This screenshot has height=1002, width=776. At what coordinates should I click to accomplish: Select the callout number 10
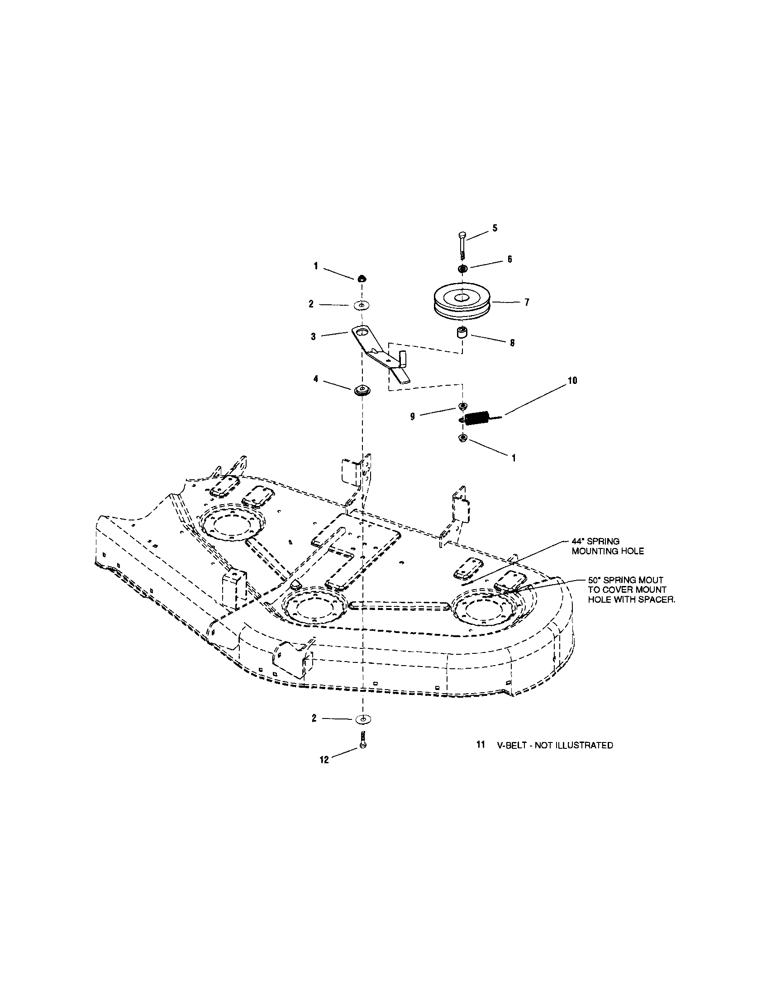pyautogui.click(x=572, y=380)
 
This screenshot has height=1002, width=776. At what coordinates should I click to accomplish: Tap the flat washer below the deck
pyautogui.click(x=363, y=719)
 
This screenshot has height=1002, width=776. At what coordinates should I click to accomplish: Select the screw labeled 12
pyautogui.click(x=363, y=739)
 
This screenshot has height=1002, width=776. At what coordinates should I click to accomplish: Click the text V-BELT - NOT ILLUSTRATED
pyautogui.click(x=555, y=746)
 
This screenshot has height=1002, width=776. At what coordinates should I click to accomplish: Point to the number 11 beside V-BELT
pyautogui.click(x=480, y=745)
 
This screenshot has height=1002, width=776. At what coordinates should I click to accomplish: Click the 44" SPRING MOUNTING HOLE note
pyautogui.click(x=608, y=546)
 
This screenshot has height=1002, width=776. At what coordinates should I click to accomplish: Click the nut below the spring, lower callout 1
pyautogui.click(x=463, y=439)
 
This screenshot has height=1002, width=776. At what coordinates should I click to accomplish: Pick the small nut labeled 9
pyautogui.click(x=462, y=406)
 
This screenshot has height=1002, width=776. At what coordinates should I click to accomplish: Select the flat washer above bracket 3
pyautogui.click(x=362, y=305)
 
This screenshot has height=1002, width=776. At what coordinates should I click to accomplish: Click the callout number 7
pyautogui.click(x=527, y=302)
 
